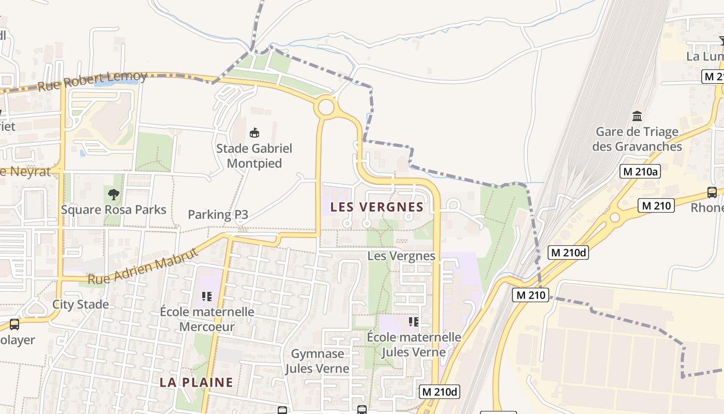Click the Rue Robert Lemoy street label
click(93, 82)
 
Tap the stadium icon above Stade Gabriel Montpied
click(254, 133)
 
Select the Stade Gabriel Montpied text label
click(254, 156)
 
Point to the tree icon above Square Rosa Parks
click(113, 195)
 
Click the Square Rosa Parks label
click(114, 210)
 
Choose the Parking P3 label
click(218, 214)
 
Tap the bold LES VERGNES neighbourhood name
click(377, 207)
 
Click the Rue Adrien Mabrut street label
click(143, 267)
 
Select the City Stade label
click(81, 304)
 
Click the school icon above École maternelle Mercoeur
click(207, 297)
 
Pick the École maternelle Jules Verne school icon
click(413, 322)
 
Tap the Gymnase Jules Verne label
click(318, 361)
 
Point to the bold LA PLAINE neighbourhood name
click(196, 382)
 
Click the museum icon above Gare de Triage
click(637, 116)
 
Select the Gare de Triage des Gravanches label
click(637, 139)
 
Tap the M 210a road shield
click(640, 171)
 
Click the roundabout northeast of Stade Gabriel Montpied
click(326, 108)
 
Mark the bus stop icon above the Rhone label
click(712, 193)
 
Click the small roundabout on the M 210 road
click(615, 217)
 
